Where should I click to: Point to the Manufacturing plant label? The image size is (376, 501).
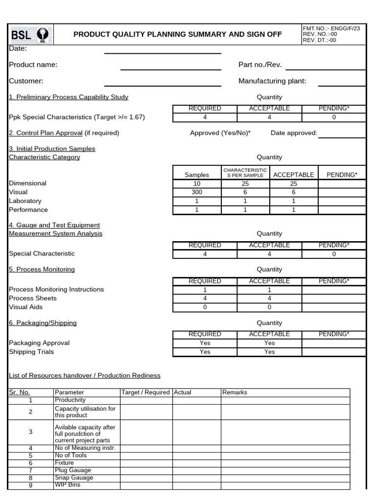[x=272, y=81]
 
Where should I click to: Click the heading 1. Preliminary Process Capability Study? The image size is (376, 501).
[x=69, y=97]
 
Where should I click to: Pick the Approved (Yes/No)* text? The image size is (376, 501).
[x=220, y=133]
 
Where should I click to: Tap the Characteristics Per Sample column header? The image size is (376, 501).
[x=245, y=173]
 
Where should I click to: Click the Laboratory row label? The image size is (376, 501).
[x=25, y=201]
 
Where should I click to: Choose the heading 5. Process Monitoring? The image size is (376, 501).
[x=42, y=270]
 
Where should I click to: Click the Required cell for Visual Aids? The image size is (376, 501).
[x=205, y=307]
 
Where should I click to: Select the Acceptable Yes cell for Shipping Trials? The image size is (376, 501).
[x=269, y=352]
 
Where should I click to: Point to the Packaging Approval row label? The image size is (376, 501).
[x=39, y=343]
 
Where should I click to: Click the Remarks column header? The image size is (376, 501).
[x=235, y=392]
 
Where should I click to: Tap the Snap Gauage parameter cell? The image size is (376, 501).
[x=74, y=478]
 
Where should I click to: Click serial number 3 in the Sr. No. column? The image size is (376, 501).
[x=30, y=432]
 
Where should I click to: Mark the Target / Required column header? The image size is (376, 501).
[x=146, y=392]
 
